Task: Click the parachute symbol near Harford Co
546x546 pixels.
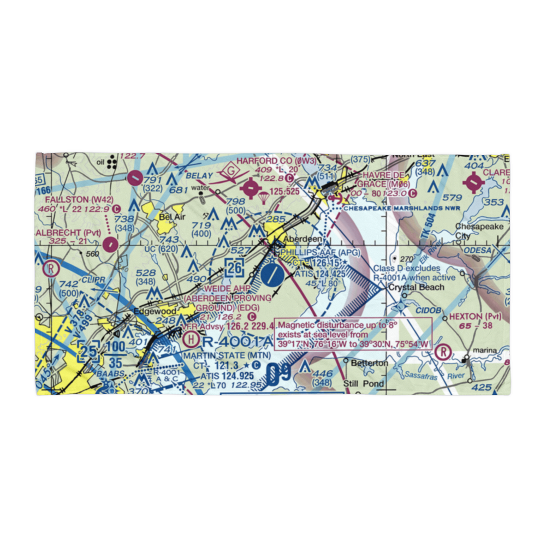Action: [x=264, y=195]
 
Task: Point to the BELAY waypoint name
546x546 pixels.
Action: [x=198, y=176]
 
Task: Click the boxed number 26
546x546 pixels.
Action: [x=234, y=268]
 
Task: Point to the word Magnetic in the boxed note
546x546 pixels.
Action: [x=298, y=324]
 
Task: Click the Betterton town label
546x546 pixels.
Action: [x=370, y=363]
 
